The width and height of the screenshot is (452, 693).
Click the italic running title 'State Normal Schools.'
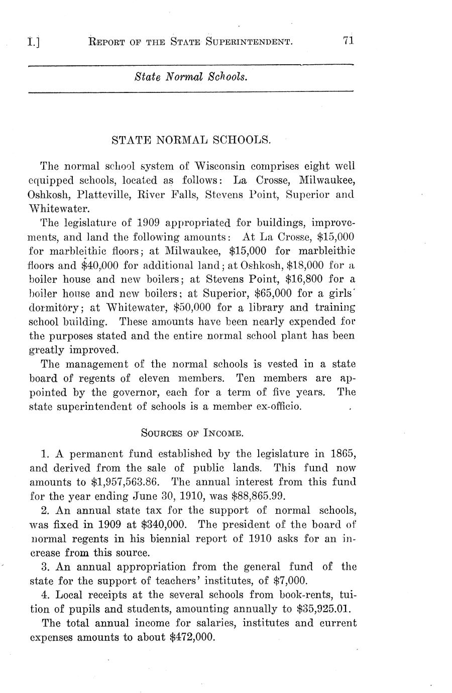click(x=191, y=77)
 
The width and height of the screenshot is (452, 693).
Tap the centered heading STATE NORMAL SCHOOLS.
click(x=191, y=140)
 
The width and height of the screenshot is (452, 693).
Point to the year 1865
click(x=343, y=454)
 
